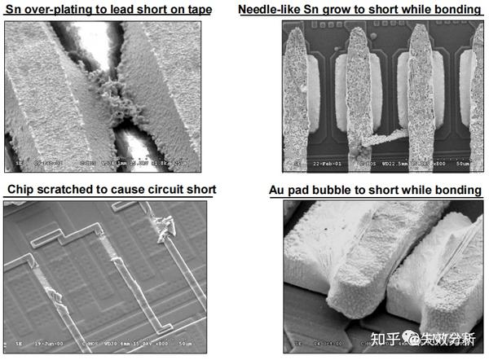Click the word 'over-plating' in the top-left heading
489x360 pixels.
[x=59, y=10]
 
